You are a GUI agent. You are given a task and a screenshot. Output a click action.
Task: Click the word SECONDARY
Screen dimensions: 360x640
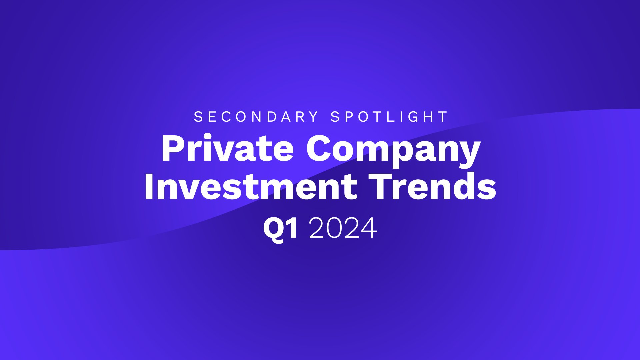tap(256, 117)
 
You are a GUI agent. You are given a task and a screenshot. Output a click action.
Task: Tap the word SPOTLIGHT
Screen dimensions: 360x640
tap(389, 117)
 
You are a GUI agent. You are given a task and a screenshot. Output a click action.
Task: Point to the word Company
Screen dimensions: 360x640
tap(393, 150)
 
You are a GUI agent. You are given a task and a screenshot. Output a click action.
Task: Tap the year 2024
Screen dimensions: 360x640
tap(343, 228)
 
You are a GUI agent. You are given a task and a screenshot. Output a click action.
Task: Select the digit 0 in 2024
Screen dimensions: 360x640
tap(335, 228)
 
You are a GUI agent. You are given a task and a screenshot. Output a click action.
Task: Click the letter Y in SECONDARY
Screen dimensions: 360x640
tap(314, 117)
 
